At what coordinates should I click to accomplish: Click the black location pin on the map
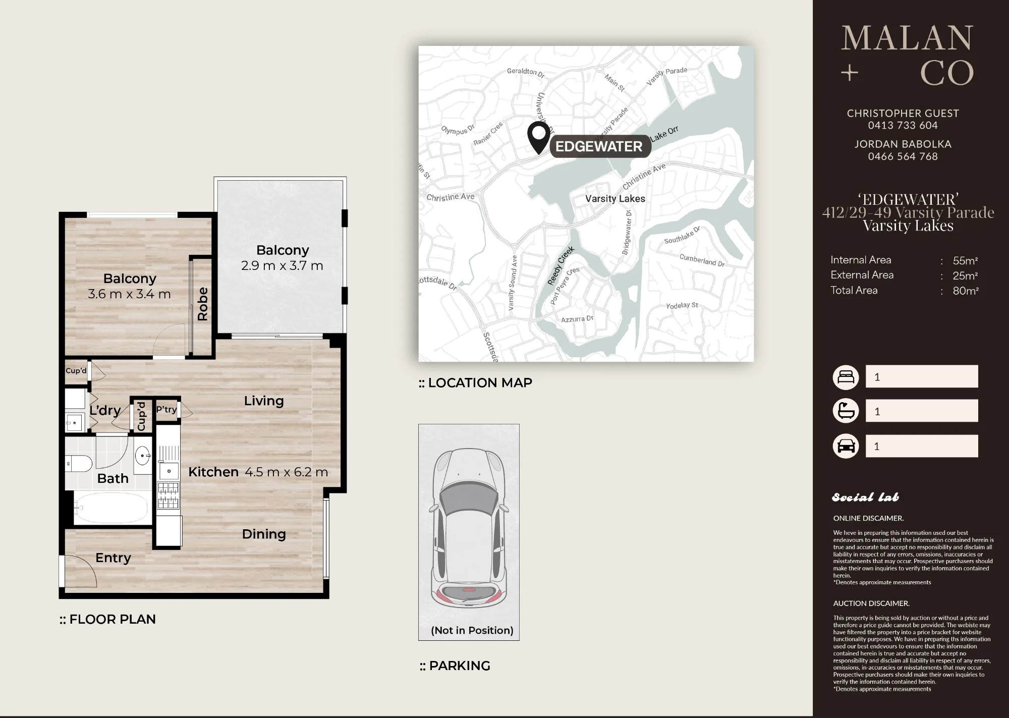click(539, 137)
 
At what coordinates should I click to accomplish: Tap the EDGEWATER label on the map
click(599, 146)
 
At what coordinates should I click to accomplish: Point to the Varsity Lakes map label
click(615, 199)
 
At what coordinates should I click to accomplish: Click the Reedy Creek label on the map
click(561, 266)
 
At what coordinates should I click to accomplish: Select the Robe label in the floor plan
click(203, 304)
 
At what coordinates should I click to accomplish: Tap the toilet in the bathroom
click(79, 463)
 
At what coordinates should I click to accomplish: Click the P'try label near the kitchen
click(166, 409)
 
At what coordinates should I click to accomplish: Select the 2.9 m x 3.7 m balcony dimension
click(282, 265)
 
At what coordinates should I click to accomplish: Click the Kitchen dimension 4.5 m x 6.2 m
click(286, 472)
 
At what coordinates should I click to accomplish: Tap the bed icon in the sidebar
click(846, 377)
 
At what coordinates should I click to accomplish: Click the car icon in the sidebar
click(846, 446)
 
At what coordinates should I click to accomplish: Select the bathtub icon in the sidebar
click(846, 411)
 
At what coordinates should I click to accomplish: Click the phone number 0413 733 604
click(903, 125)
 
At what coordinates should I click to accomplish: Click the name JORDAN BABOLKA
click(903, 144)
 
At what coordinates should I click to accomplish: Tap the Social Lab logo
click(865, 498)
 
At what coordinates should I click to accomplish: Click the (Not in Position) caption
click(472, 630)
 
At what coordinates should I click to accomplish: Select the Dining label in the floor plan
click(264, 534)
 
